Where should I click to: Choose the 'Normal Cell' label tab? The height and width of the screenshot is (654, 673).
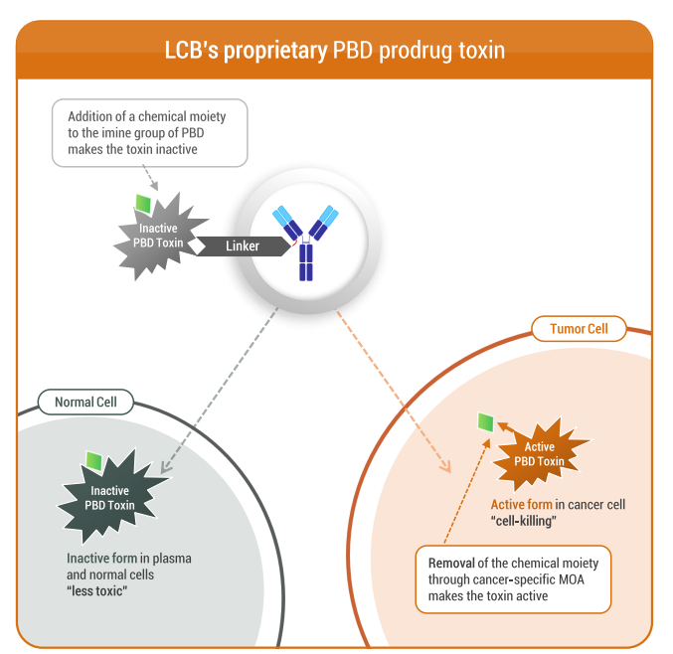(85, 403)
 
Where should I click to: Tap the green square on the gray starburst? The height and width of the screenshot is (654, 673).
(144, 204)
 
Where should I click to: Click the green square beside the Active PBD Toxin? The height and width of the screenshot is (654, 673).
(484, 421)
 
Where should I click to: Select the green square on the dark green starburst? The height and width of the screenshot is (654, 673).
(94, 461)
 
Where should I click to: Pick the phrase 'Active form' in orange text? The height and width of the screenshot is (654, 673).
(521, 504)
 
